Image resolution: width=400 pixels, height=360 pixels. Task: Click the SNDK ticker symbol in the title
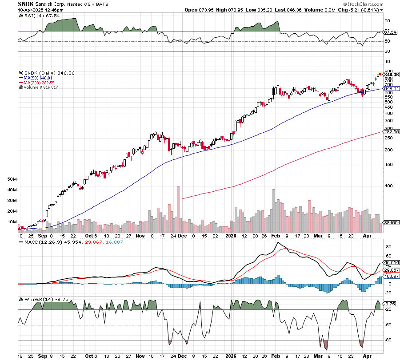(26, 4)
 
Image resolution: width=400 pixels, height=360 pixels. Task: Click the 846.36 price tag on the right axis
(391, 75)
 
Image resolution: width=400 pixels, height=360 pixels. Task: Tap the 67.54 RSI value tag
(390, 32)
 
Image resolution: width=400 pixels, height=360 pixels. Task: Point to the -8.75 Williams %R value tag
(390, 304)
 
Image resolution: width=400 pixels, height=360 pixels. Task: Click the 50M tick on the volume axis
(12, 179)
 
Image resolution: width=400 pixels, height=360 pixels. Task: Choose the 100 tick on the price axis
(388, 186)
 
